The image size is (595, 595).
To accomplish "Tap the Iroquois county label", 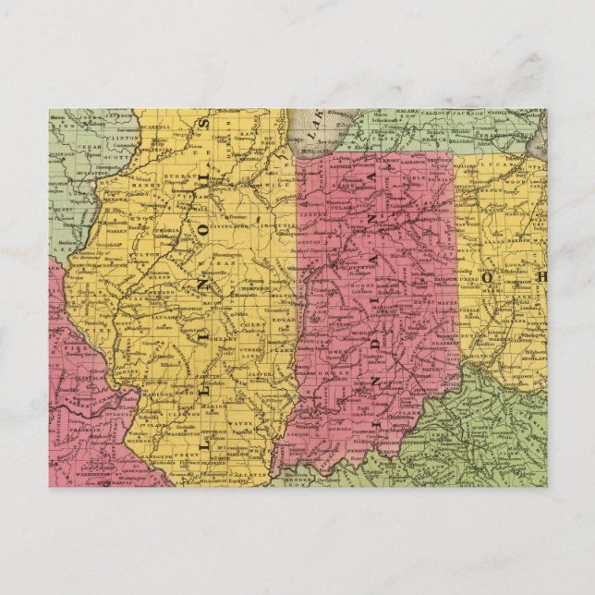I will (272, 223).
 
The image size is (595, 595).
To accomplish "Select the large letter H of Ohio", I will (540, 276).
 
